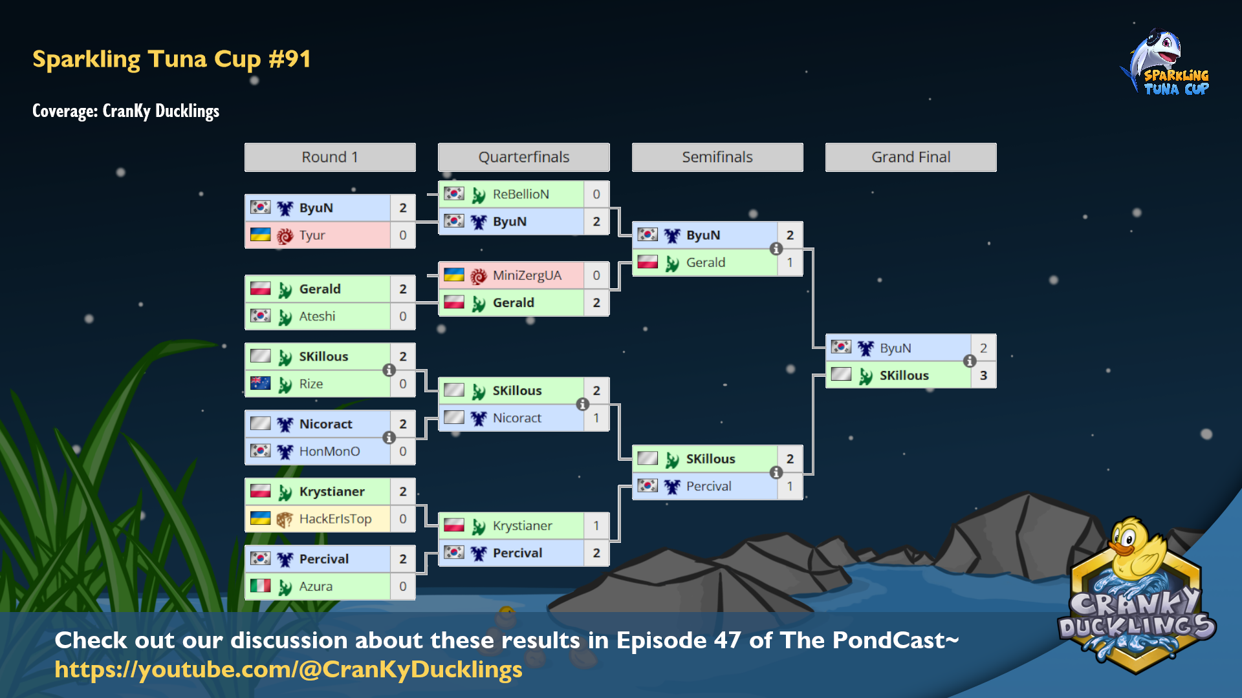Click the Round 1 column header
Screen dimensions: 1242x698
click(330, 157)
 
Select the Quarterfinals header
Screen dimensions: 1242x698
click(524, 157)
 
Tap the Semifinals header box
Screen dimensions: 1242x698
click(717, 157)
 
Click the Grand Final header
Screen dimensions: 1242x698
click(911, 157)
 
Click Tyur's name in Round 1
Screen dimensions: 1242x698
click(312, 235)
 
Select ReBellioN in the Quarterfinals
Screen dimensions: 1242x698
click(521, 194)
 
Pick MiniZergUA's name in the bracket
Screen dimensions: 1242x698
click(527, 275)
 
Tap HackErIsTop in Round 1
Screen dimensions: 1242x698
click(335, 519)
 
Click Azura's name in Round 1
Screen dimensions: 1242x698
click(316, 586)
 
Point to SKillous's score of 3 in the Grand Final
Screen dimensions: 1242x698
click(983, 375)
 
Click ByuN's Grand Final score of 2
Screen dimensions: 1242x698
click(983, 348)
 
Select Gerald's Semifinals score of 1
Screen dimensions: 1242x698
click(790, 262)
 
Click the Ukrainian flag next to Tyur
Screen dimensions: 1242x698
click(260, 235)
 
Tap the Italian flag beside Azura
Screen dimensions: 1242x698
click(260, 586)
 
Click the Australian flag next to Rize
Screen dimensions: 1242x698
click(260, 383)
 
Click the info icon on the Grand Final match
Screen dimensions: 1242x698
click(970, 361)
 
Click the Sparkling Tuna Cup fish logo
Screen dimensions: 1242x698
click(1164, 62)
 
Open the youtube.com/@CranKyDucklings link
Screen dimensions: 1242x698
click(289, 670)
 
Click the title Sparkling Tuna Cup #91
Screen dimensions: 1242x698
click(171, 59)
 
